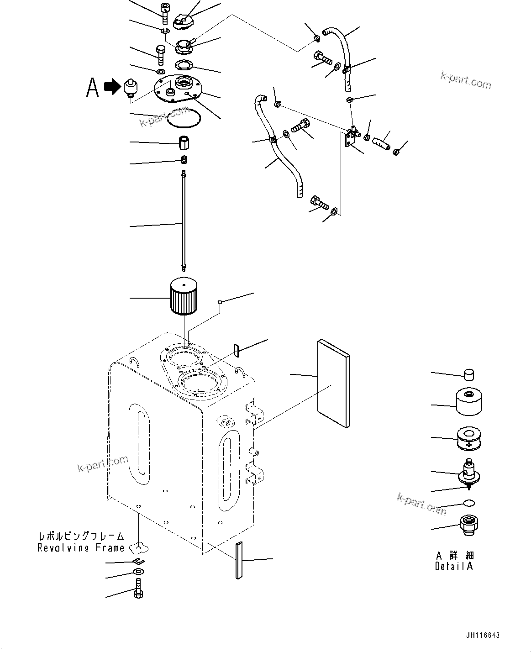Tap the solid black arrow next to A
110,86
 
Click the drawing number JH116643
483,635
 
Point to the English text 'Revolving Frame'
81,548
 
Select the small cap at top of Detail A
468,374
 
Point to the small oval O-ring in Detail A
468,503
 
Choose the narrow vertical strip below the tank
239,561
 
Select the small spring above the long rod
184,159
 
